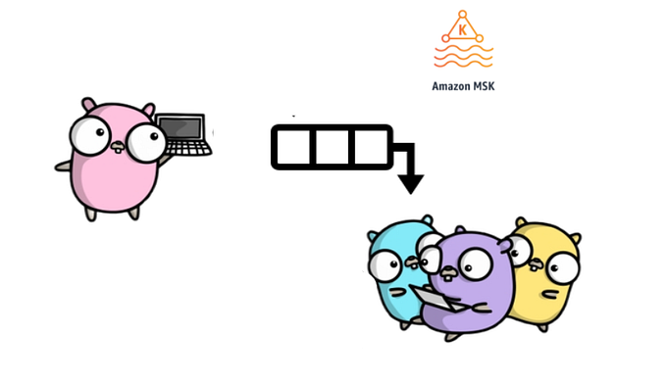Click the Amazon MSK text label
click(x=463, y=85)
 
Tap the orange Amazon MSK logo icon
click(x=463, y=40)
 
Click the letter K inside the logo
click(x=463, y=30)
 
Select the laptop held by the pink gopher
click(x=184, y=135)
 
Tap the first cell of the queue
click(x=291, y=148)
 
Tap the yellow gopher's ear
click(x=574, y=239)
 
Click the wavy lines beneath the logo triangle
click(x=463, y=57)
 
